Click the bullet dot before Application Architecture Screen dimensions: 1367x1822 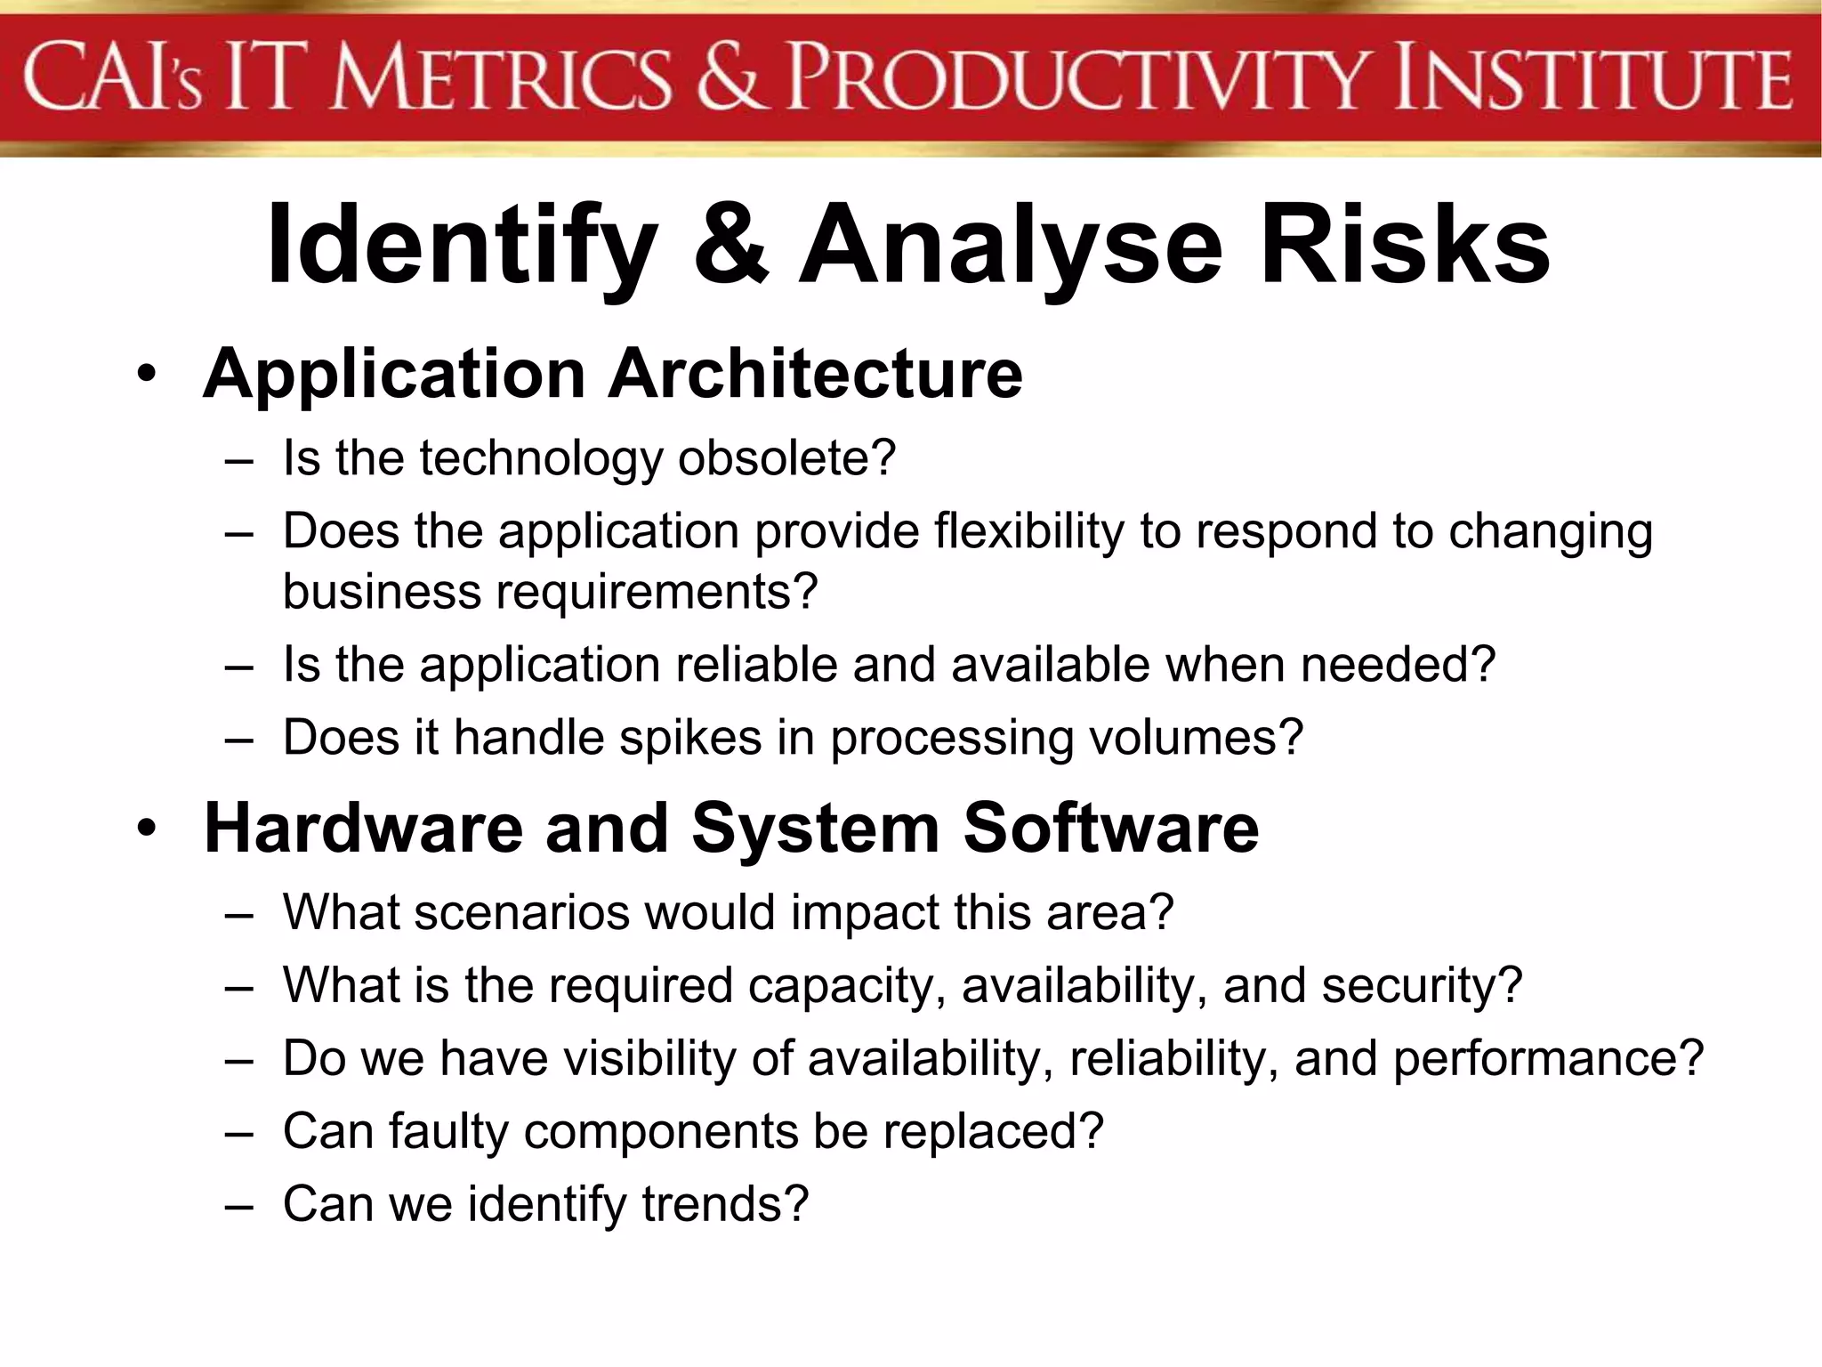point(147,374)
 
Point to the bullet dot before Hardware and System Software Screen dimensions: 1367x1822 point(147,829)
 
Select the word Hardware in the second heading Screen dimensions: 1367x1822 point(363,829)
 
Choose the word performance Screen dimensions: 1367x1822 point(1547,1059)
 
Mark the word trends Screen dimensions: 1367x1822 point(724,1204)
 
